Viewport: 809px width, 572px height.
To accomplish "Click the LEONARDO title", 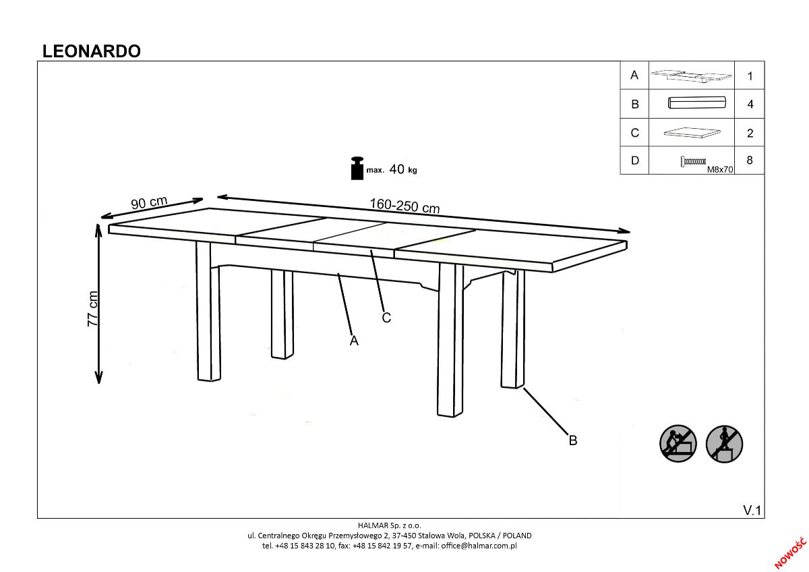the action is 92,51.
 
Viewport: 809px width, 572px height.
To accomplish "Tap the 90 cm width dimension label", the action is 149,202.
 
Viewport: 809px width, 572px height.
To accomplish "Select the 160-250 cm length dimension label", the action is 404,206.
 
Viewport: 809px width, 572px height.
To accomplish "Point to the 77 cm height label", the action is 92,308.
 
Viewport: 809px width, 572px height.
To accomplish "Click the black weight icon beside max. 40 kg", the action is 357,168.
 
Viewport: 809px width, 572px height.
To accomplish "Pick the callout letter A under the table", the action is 354,341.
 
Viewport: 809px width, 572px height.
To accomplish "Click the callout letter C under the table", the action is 386,318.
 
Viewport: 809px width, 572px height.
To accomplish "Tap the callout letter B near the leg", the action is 573,440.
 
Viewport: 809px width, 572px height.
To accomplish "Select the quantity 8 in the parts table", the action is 750,160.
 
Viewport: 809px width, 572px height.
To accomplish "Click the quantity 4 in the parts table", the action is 750,104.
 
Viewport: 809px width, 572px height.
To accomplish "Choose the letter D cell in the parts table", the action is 634,161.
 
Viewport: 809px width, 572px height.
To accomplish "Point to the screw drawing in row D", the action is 693,161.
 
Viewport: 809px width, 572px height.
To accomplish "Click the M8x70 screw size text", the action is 720,169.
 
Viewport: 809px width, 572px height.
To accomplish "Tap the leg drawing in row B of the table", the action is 696,103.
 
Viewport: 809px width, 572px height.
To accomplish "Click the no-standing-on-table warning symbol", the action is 724,444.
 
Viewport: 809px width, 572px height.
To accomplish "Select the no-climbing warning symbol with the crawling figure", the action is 678,443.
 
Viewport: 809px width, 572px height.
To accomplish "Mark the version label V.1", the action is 752,510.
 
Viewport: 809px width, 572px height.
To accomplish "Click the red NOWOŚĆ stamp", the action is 790,553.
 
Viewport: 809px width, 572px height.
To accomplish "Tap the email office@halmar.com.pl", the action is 479,546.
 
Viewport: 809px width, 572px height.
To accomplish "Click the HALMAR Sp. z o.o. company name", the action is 390,525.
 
